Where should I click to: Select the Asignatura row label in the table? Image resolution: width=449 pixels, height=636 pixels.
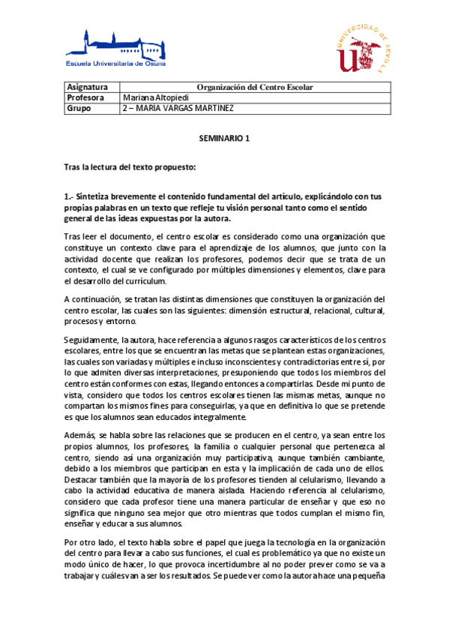pyautogui.click(x=88, y=87)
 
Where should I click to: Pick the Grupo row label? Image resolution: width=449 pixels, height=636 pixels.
pyautogui.click(x=79, y=108)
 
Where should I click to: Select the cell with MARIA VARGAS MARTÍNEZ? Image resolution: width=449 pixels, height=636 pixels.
pyautogui.click(x=177, y=108)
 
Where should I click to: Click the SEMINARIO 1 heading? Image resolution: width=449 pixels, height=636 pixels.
pyautogui.click(x=223, y=139)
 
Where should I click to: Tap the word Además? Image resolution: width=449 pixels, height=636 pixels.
pyautogui.click(x=80, y=435)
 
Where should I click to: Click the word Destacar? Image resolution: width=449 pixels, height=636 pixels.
pyautogui.click(x=82, y=477)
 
